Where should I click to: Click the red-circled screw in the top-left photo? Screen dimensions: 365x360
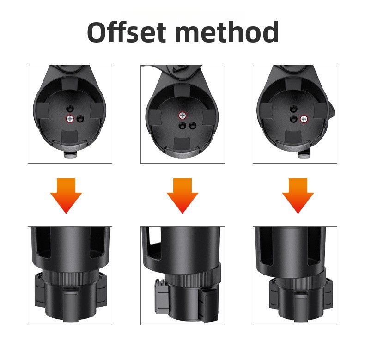coord(70,119)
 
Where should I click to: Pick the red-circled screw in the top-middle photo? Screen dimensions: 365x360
coord(182,116)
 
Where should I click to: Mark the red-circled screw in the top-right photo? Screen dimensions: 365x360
coord(304,119)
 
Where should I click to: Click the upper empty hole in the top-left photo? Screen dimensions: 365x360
coord(70,109)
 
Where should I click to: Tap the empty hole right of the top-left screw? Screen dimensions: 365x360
coord(80,119)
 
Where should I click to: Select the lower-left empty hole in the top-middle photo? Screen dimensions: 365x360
coord(182,126)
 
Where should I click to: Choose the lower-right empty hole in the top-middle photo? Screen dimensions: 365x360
coord(192,126)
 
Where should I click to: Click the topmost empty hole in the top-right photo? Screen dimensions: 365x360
coord(293,109)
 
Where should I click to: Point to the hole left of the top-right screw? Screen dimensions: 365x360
coord(293,119)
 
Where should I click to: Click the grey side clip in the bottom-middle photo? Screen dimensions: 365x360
coord(161,296)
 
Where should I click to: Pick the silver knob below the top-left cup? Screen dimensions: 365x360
coord(71,155)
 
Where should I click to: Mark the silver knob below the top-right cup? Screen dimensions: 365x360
coord(304,154)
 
